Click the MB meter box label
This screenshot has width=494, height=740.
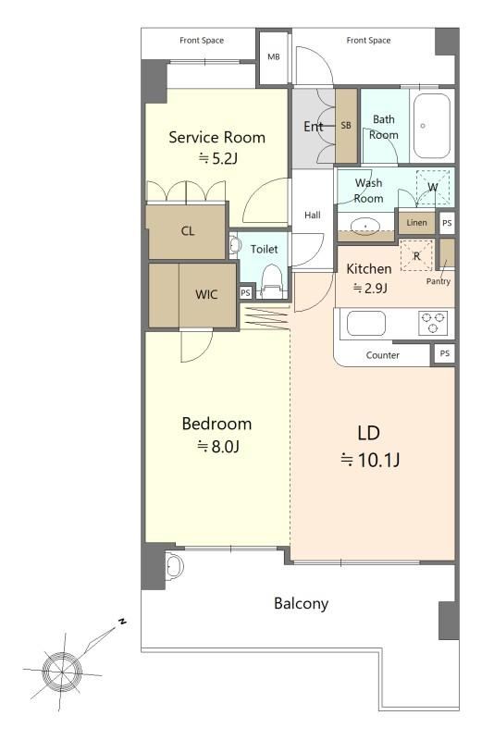(274, 57)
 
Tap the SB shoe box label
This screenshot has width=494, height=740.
(346, 126)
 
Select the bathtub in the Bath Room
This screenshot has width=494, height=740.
(432, 126)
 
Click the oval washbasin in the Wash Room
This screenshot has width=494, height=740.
(365, 226)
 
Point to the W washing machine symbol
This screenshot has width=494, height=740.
(433, 188)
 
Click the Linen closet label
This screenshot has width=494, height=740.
(416, 222)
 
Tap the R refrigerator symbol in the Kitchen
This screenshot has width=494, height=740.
(416, 256)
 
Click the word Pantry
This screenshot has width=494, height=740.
(438, 281)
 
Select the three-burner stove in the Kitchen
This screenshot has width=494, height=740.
(433, 323)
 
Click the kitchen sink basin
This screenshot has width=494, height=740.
(366, 324)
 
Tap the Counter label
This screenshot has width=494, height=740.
(383, 355)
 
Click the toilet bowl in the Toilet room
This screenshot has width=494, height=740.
(271, 282)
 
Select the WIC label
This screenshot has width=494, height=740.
(206, 295)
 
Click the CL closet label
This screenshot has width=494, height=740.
(188, 231)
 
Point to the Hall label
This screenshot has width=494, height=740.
(313, 216)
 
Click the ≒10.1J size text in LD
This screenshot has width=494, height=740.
(370, 459)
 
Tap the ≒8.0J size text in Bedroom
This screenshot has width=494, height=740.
(218, 446)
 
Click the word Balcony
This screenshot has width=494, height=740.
(301, 603)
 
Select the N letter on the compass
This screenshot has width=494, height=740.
(122, 621)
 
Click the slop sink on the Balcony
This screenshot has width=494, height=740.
(174, 566)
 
